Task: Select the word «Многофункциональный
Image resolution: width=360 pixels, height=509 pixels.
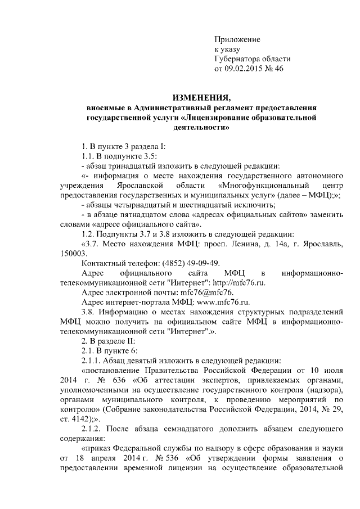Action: pyautogui.click(x=255, y=185)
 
